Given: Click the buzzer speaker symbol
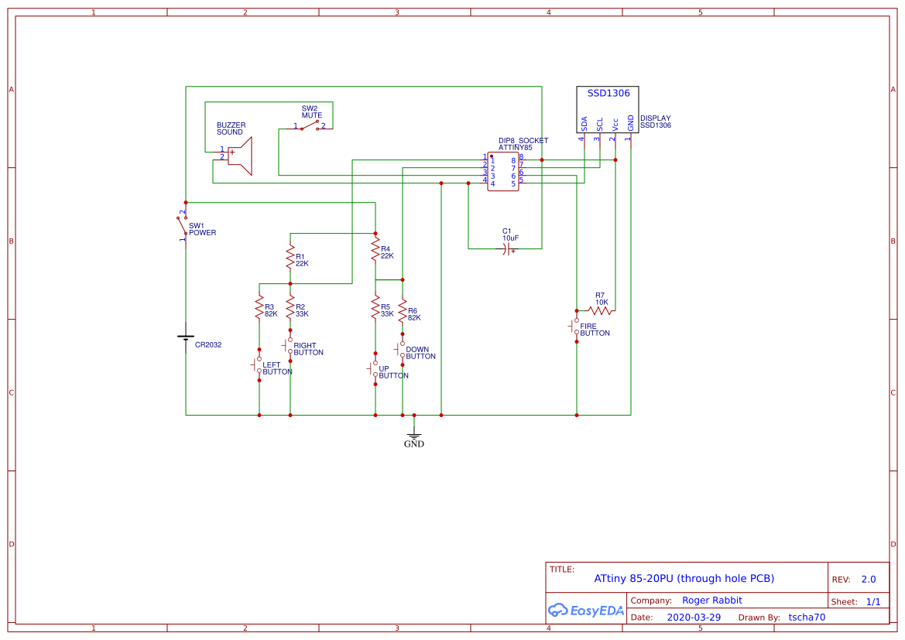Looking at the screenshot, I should coord(241,156).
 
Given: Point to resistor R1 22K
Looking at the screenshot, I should coord(290,256).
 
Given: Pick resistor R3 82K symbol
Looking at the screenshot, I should coord(259,309).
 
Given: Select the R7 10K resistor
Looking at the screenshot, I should coord(601,311).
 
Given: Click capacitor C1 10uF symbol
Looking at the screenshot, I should coord(507,248).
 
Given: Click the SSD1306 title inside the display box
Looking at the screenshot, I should coord(608,93).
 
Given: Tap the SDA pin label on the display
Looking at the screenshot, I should coord(584,123).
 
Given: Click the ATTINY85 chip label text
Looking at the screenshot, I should coord(515,147).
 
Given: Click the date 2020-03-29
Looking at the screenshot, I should coord(694,618).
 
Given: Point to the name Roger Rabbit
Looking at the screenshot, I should coord(711,601).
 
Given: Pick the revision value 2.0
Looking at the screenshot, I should coord(868,579).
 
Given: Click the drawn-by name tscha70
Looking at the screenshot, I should coord(807,618).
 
